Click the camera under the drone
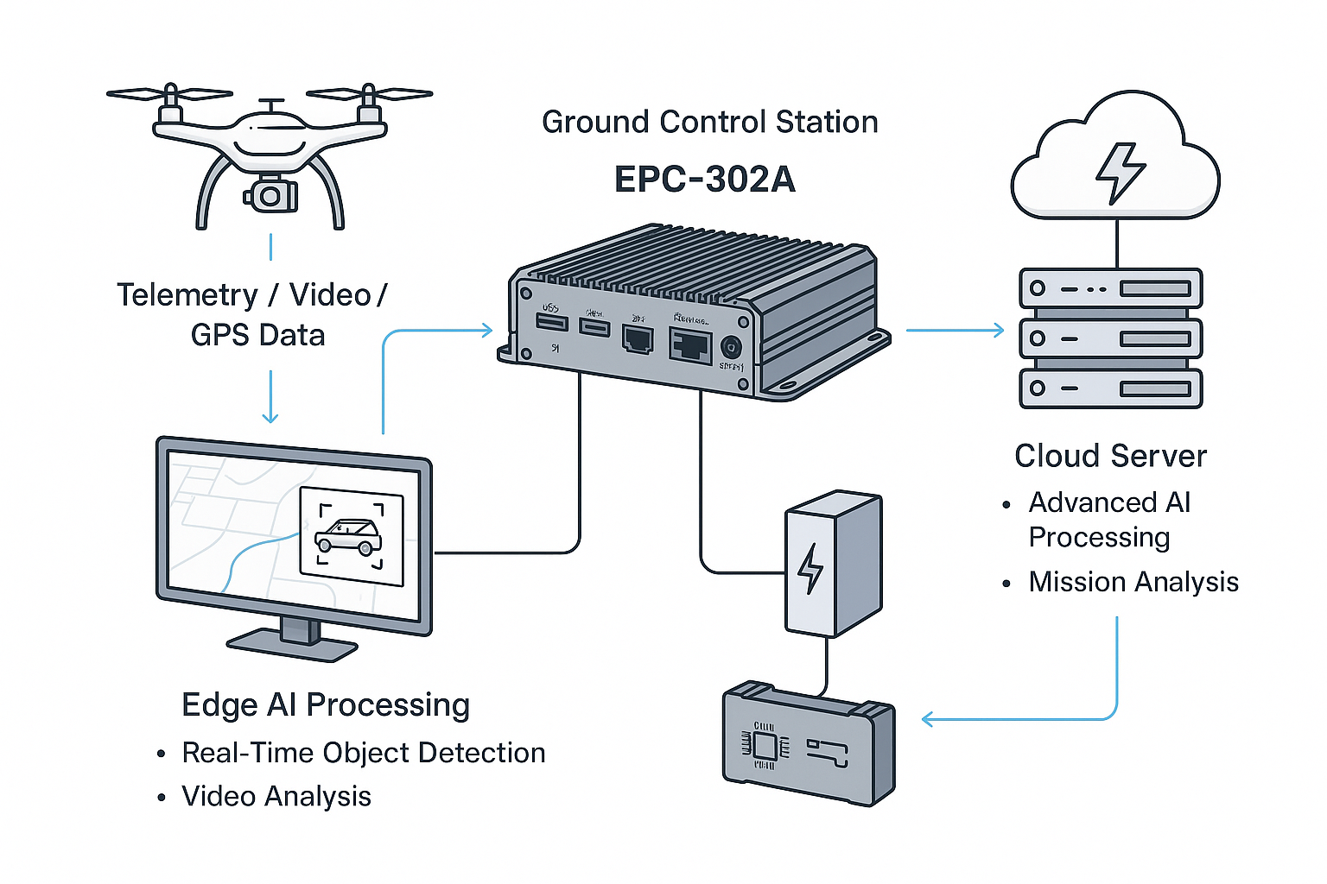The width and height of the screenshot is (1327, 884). tap(271, 196)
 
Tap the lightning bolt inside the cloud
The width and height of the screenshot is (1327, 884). tap(1120, 172)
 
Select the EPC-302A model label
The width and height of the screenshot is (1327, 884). tap(704, 180)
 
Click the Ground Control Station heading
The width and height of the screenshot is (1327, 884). tap(709, 123)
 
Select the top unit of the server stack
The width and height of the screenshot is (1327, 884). tap(1110, 288)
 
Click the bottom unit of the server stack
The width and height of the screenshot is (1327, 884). tap(1110, 388)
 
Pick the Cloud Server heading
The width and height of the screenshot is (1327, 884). tap(1110, 456)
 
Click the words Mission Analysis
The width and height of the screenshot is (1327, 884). tap(1133, 583)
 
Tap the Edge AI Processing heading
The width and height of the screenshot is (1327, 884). tap(326, 705)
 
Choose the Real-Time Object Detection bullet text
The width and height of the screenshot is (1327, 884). tap(363, 754)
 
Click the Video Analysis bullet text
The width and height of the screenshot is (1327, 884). tap(276, 797)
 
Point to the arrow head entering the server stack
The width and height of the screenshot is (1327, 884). tap(1000, 330)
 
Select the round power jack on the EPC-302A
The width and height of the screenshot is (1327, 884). tap(731, 348)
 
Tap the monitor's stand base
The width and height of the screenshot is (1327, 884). tap(292, 644)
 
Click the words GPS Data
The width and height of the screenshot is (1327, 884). tap(257, 335)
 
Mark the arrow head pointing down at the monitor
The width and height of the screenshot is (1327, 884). tap(270, 417)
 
